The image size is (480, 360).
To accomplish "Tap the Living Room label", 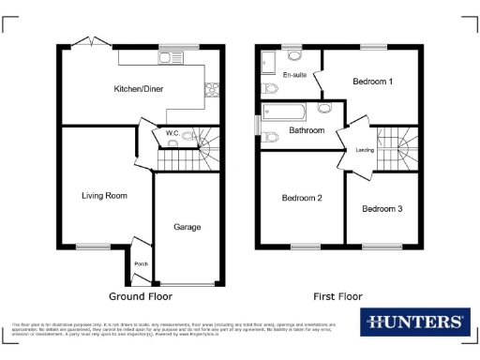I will coord(104,195).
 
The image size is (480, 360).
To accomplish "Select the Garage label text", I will coord(187,227).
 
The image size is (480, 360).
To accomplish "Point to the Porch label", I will coord(142,263).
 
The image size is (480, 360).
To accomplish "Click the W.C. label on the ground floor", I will coord(172,134).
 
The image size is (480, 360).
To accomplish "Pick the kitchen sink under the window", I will coord(171,58).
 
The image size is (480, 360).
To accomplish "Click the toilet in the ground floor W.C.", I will coord(190,137).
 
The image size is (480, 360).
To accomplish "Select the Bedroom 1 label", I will coord(372,82).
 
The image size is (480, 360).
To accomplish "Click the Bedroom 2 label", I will coord(302,198).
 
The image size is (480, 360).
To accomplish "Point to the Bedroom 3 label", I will coord(382,208).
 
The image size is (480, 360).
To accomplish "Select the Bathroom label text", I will coord(307,130).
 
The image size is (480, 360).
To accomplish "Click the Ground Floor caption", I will coord(141,296).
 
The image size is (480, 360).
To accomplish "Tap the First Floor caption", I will coord(338,296).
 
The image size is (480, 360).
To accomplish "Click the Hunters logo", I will coord(413,322).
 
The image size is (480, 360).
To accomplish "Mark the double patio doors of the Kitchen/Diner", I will coord(91,41).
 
